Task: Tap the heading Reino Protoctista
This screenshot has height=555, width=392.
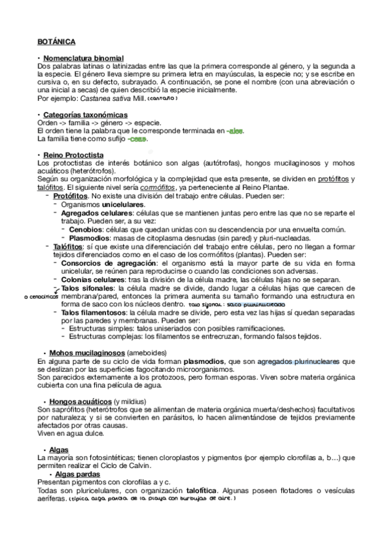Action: click(x=73, y=154)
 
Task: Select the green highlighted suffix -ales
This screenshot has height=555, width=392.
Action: click(x=234, y=131)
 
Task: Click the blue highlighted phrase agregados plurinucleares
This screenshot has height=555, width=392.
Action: click(x=300, y=361)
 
